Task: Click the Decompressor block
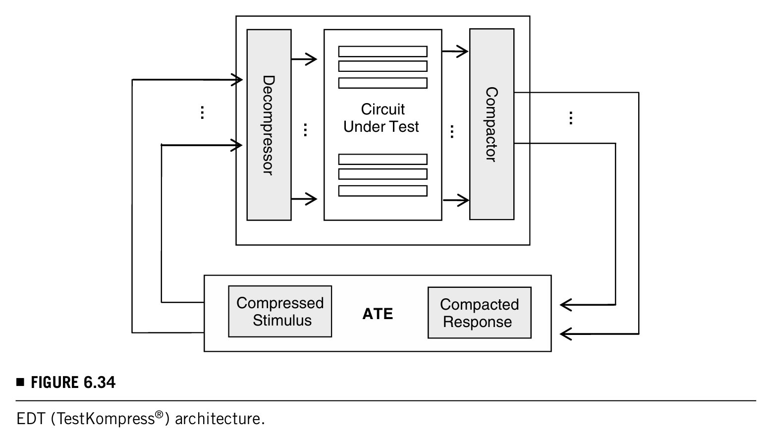(x=269, y=125)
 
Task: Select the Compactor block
(x=492, y=124)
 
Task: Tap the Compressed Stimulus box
(x=280, y=312)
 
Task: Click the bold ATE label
(x=378, y=314)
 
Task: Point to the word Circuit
(x=383, y=109)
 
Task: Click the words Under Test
(x=381, y=127)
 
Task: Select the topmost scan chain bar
(x=383, y=52)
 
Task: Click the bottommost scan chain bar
(x=383, y=191)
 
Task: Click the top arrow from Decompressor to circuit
(x=304, y=59)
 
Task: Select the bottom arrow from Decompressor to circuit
(x=304, y=199)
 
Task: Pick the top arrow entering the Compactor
(x=455, y=52)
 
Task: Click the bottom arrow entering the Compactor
(x=456, y=200)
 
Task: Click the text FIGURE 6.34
(x=73, y=383)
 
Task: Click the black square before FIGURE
(x=20, y=382)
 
